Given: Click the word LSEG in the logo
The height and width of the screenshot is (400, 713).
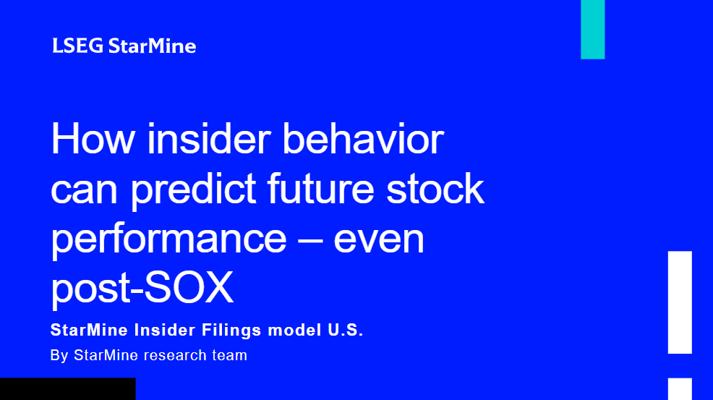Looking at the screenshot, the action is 78,46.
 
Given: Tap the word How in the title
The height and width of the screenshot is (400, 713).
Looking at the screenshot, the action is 93,139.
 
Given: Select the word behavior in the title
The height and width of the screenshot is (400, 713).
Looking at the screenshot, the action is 363,138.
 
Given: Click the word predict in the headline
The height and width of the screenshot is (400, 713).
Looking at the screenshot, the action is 194,190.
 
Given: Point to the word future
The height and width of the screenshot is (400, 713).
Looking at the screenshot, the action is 321,188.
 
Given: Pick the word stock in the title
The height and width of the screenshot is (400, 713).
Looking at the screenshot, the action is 435,188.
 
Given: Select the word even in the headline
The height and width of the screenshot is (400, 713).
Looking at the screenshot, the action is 379,239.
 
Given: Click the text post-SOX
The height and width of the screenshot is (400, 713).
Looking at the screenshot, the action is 142,289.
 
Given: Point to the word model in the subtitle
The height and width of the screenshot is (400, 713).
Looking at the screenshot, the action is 294,330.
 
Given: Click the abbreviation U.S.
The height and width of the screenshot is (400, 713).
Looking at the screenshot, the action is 346,330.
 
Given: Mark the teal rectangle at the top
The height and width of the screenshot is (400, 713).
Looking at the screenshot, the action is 592,30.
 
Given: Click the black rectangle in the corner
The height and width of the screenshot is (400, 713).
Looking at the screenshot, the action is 68,388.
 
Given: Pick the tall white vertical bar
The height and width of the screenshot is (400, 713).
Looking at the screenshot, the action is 680,302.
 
